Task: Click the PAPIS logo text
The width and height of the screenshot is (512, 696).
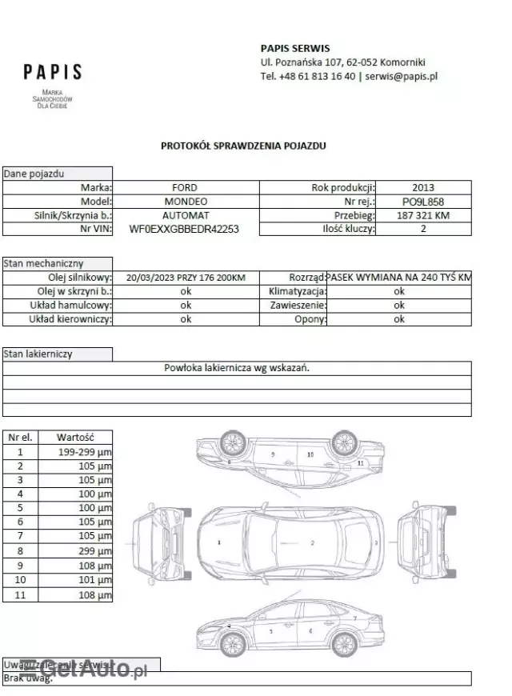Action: click(x=53, y=72)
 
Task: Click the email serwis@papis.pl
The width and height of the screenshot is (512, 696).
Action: click(x=401, y=77)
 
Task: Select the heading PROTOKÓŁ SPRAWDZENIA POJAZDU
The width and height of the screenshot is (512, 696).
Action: click(x=243, y=146)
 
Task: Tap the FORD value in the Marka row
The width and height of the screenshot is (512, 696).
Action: click(x=186, y=187)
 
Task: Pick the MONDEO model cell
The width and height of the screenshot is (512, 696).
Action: click(x=186, y=202)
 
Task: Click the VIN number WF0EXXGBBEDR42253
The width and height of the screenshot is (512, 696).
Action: click(x=184, y=229)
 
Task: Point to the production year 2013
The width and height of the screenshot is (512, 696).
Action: click(x=423, y=187)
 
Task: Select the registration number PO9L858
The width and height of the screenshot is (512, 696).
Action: click(x=423, y=202)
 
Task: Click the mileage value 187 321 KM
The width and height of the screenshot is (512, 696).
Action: click(x=423, y=215)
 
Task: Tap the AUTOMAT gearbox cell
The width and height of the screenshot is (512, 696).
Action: click(x=186, y=215)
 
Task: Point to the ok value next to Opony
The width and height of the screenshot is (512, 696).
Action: click(x=399, y=319)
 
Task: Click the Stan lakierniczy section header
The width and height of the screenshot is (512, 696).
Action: click(x=38, y=354)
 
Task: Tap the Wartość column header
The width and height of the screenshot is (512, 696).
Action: click(x=77, y=438)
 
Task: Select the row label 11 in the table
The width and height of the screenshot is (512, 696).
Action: click(x=21, y=594)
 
